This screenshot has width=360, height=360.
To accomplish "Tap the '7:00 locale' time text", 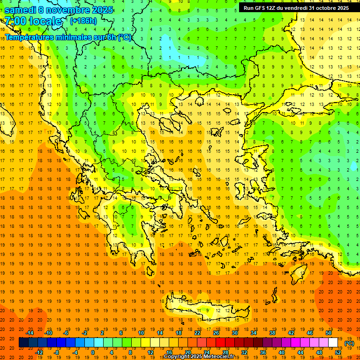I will click(33, 21).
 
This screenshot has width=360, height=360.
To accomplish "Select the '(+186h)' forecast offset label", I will click(83, 21).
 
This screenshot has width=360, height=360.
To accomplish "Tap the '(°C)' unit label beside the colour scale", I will click(349, 343).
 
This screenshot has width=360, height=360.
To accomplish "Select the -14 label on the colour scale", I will click(30, 333).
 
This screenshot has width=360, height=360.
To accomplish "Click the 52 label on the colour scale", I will click(338, 352).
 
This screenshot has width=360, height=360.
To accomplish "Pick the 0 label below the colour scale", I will click(93, 352).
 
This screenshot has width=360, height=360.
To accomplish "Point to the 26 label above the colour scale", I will click(216, 333).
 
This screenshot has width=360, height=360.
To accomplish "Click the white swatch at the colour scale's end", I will click(333, 343).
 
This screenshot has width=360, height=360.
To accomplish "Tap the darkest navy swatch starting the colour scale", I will click(23, 343).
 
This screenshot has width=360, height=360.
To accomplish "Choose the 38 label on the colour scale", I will click(272, 333).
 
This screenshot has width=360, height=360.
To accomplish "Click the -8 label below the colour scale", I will click(57, 352).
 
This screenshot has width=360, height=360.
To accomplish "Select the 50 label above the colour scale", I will click(329, 333).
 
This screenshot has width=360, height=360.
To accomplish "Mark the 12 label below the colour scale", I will click(150, 352).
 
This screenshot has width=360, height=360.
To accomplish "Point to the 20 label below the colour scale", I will click(187, 352).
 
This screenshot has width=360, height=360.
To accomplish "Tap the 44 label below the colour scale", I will click(300, 352).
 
